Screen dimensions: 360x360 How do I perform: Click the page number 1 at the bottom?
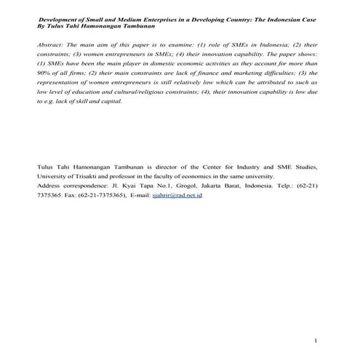[x=316, y=340]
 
